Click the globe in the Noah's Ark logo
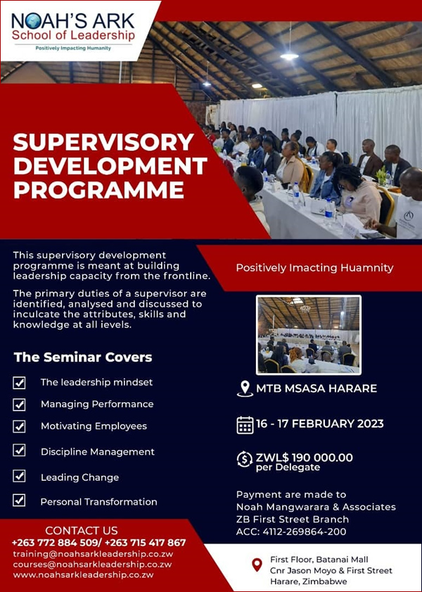tap(31, 21)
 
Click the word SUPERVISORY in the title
tap(103, 142)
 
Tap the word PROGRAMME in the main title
tap(98, 191)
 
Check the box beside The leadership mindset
tap(19, 382)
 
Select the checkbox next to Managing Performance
tap(19, 404)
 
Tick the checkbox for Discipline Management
tap(19, 451)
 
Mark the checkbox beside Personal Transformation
tap(19, 500)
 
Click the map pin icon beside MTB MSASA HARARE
tap(245, 389)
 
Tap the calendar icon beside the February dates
tap(245, 425)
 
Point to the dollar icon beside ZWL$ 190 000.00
tap(245, 459)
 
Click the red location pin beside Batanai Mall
tap(257, 565)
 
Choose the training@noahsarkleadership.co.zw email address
tap(93, 554)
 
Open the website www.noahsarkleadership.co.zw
tap(84, 575)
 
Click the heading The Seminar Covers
tap(83, 357)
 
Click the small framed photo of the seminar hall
tap(308, 335)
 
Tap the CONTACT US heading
tap(82, 530)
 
